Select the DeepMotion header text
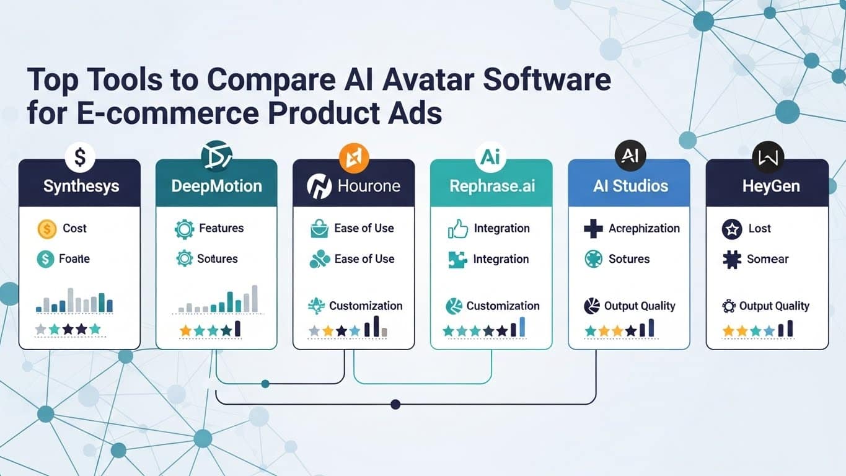pos(216,186)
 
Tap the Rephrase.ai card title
pos(491,186)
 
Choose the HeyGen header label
pos(767,186)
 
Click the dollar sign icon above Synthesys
pos(79,157)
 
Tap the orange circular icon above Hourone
pos(354,157)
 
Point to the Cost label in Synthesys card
pos(74,229)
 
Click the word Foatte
pos(74,259)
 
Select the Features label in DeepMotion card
pos(221,229)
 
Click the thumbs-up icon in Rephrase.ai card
pos(457,229)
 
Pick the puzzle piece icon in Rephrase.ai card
pos(457,259)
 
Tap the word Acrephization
pos(644,229)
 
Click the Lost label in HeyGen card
pos(759,229)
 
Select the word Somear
pos(768,259)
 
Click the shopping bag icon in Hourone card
pos(319,229)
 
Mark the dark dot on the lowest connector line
pos(395,405)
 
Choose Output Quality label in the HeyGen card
pos(774,306)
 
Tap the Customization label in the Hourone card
pos(366,306)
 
